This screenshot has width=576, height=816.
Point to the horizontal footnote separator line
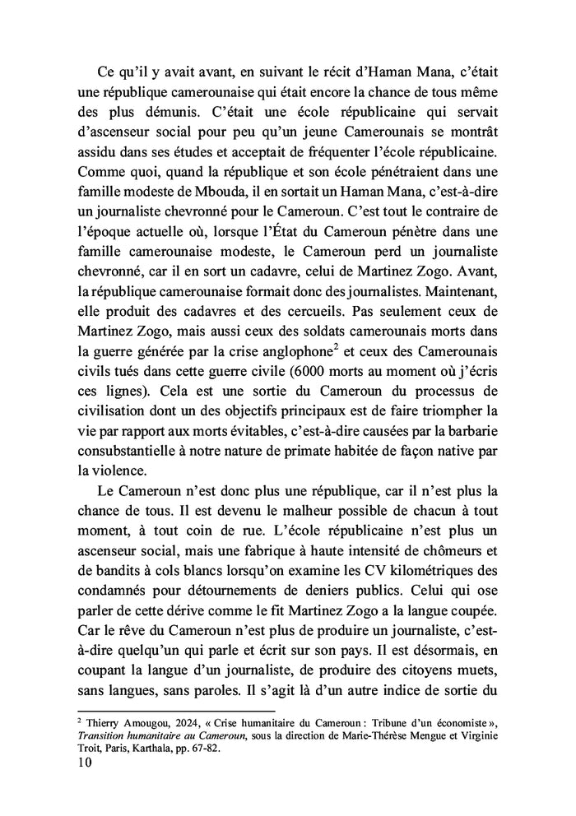coord(178,708)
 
